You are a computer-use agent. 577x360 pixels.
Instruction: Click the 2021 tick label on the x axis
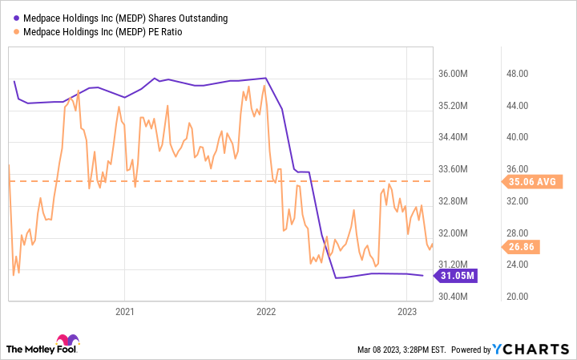124,310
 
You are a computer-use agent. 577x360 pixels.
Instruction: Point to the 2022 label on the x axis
266,310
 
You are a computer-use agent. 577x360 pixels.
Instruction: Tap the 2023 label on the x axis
407,310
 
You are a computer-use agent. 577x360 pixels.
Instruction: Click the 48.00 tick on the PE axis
520,74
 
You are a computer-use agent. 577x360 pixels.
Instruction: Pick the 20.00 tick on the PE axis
520,297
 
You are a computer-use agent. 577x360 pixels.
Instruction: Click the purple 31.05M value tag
458,276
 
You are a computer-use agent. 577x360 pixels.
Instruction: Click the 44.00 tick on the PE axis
520,106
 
